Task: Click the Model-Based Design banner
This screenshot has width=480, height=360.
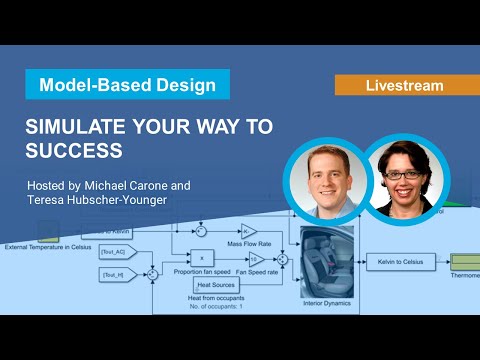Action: coord(127,85)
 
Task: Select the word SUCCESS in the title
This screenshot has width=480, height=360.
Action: coord(73,151)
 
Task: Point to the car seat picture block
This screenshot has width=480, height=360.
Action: coord(323,258)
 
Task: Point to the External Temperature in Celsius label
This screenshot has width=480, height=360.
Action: coord(49,246)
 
